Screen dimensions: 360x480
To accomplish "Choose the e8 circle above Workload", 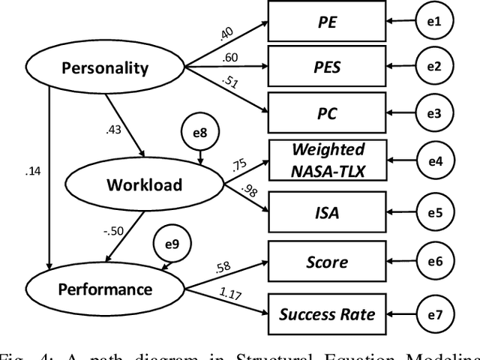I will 199,133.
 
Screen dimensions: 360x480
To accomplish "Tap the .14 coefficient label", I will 33,171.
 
